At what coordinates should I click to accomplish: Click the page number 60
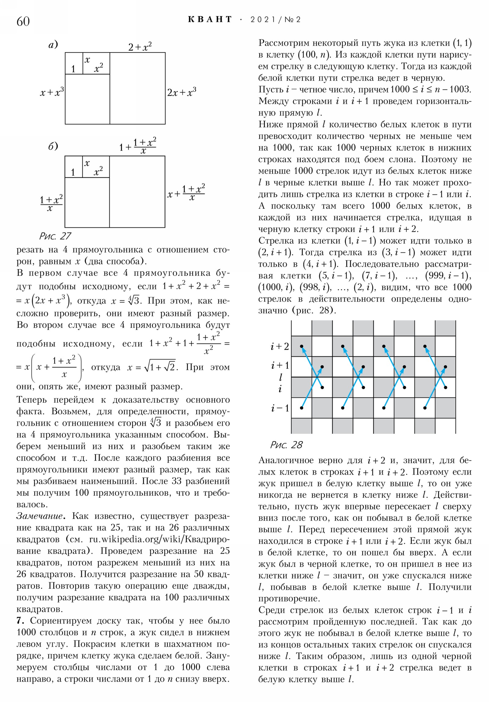(23, 21)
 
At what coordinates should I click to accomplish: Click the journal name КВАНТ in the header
(210, 20)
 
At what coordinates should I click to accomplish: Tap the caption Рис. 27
(55, 236)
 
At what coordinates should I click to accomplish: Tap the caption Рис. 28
(286, 445)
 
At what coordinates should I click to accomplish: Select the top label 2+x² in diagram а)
(140, 47)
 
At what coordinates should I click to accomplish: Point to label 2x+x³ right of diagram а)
(182, 92)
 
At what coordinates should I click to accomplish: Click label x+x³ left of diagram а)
(52, 92)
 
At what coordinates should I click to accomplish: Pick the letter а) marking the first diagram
(53, 45)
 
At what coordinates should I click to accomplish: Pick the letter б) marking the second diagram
(53, 146)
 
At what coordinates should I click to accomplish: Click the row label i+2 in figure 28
(280, 346)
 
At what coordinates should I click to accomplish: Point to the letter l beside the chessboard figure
(281, 377)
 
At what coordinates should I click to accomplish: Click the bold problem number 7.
(20, 621)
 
